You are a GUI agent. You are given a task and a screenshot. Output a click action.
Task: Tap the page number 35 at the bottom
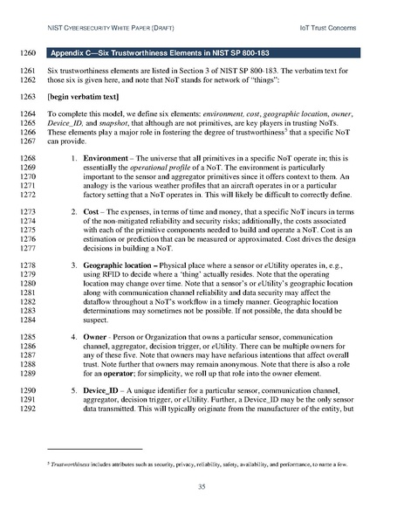point(202,486)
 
